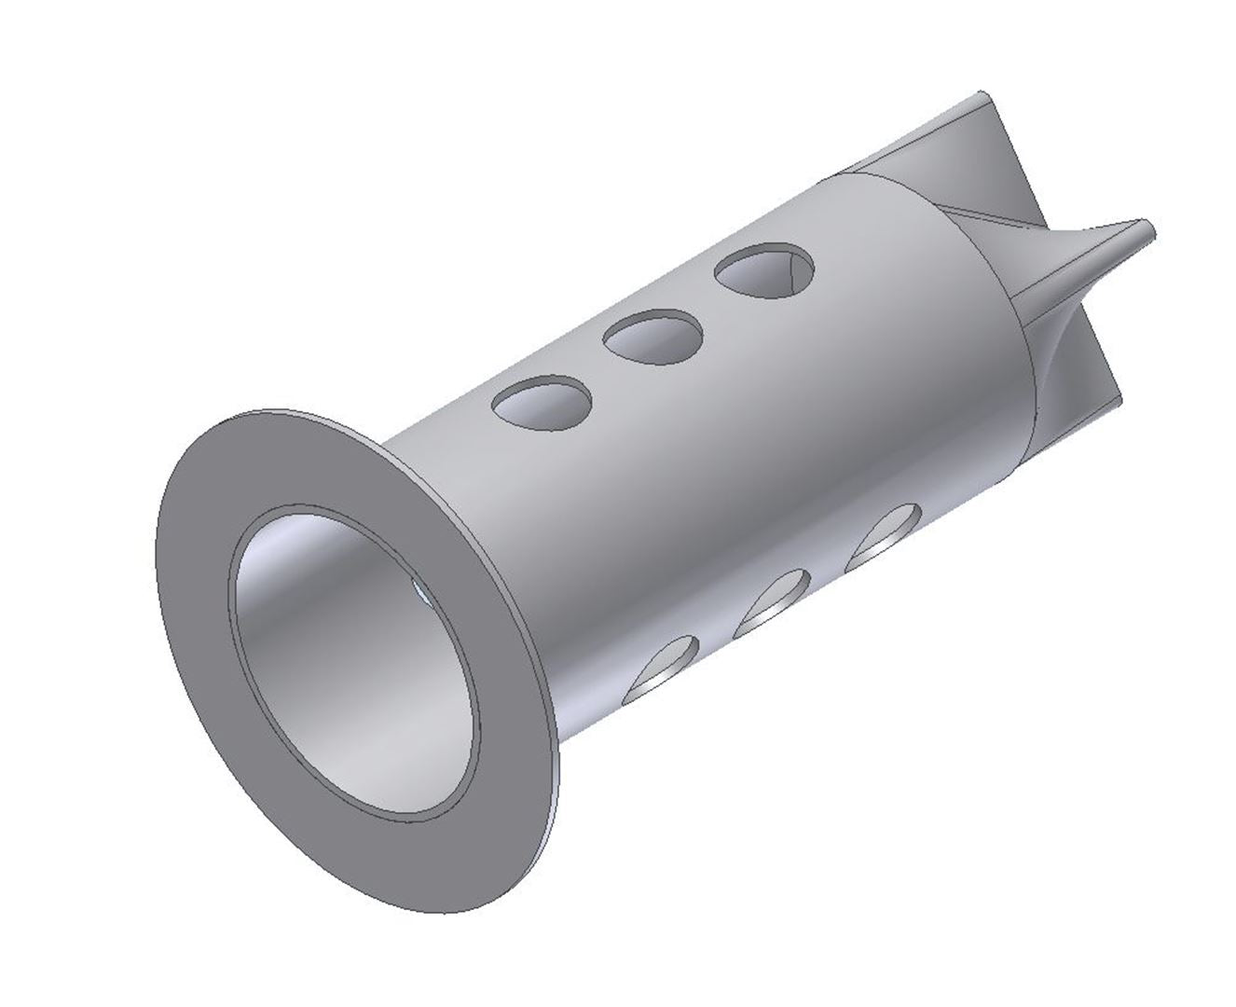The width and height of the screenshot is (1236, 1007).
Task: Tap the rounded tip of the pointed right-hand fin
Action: [1148, 228]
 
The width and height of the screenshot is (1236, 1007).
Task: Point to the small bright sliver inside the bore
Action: [417, 589]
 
